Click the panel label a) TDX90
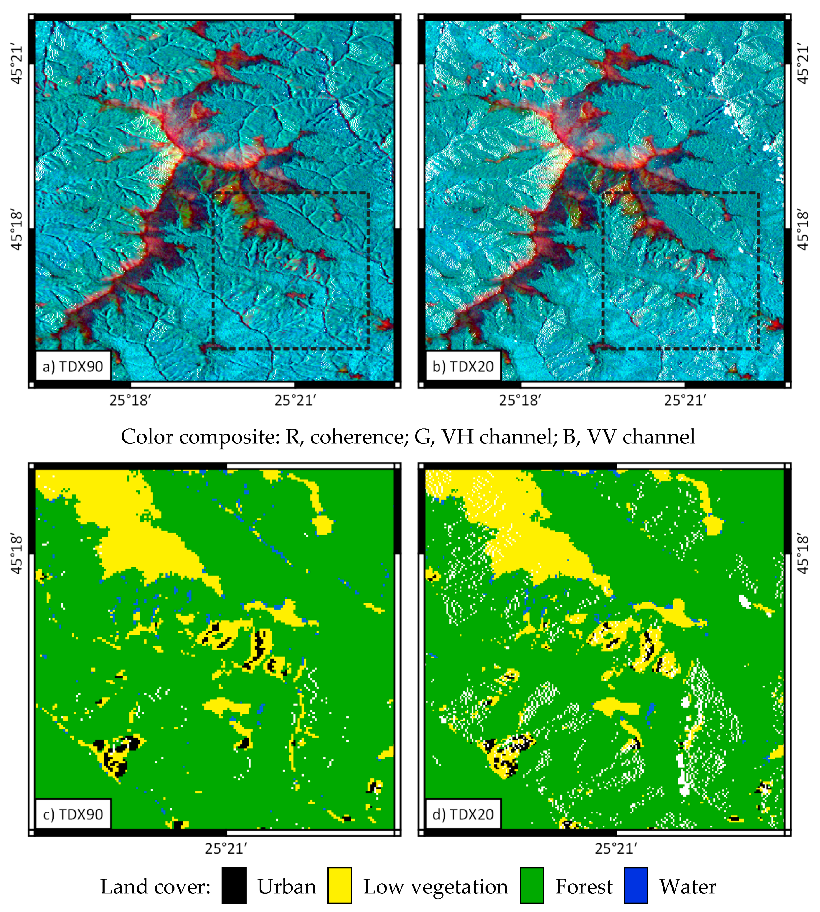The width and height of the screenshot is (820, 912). pos(72,366)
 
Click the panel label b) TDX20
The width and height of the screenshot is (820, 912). pos(463,366)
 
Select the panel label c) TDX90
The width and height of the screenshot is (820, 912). pos(72,814)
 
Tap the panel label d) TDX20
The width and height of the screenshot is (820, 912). pos(463,814)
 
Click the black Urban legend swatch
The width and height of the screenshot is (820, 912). pos(234,885)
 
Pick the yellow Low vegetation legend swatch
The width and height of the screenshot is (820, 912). pos(339,885)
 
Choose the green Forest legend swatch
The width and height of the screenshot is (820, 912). pos(532,885)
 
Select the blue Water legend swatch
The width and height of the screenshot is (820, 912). pos(636,885)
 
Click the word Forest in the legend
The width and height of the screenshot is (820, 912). pos(583,886)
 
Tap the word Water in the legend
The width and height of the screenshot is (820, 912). pos(687,886)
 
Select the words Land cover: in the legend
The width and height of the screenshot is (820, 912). pos(155,886)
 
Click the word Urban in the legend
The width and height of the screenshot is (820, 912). pos(287,886)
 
